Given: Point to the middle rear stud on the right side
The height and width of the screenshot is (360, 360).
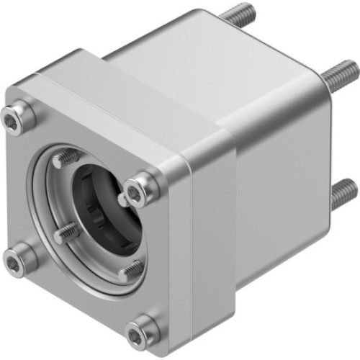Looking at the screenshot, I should coord(343,73).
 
